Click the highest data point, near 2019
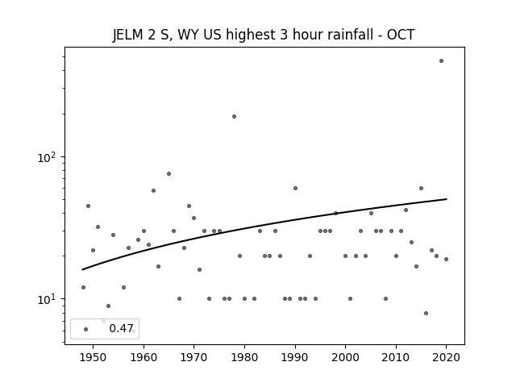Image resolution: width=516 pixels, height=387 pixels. (x=441, y=61)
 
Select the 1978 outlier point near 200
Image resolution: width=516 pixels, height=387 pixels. (x=234, y=116)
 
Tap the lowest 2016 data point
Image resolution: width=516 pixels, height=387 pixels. (x=427, y=314)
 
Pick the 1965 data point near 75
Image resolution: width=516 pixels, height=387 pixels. (x=169, y=174)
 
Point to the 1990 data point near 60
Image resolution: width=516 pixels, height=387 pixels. (x=296, y=188)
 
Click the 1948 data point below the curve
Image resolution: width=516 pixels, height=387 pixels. (x=83, y=288)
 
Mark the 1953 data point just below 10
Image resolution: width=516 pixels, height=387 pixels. (x=108, y=306)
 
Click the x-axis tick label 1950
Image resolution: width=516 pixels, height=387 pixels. (x=94, y=358)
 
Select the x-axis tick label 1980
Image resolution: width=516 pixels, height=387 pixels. (x=244, y=358)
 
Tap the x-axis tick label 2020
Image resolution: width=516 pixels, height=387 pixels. (x=446, y=358)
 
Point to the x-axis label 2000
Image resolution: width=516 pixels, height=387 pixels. (x=345, y=358)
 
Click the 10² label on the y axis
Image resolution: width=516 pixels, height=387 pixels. (x=47, y=158)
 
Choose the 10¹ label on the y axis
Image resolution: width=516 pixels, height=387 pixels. (x=47, y=299)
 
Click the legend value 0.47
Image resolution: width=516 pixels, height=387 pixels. (x=121, y=328)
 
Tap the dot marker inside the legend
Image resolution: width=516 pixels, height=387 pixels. (x=86, y=330)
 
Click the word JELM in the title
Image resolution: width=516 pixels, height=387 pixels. (x=128, y=35)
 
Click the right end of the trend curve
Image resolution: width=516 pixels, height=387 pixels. (x=446, y=199)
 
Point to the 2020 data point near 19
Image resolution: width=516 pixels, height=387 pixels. (x=446, y=260)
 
